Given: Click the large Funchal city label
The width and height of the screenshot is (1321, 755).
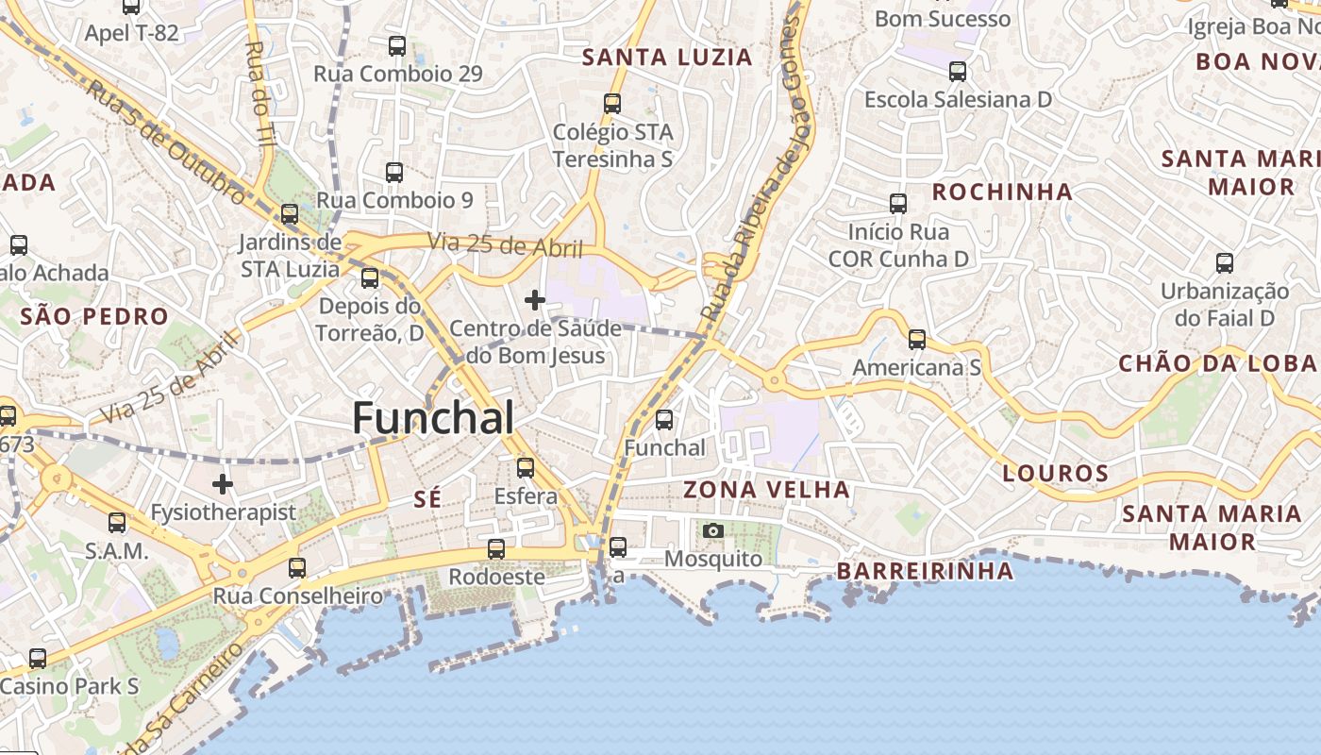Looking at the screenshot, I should (x=433, y=418).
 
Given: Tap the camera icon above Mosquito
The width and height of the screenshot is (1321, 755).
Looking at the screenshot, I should (x=713, y=530).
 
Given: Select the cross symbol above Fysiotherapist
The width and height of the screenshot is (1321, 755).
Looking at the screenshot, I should (x=223, y=485).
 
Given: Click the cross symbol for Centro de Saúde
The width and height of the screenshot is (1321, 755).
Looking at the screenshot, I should (x=535, y=301).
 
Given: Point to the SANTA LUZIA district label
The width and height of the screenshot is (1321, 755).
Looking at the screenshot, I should (x=667, y=58).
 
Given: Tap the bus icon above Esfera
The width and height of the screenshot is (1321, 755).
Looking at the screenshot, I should (x=526, y=467).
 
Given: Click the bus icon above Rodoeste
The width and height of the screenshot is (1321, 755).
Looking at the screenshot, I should (x=496, y=548).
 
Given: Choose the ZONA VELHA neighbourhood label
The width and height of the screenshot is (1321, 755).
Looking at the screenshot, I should (x=766, y=490).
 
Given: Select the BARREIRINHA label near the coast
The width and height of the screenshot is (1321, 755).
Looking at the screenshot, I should (x=925, y=571).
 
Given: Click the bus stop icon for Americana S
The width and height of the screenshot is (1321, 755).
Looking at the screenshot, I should (x=917, y=340).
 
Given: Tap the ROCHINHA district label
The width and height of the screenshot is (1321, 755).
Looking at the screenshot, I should (x=1002, y=193).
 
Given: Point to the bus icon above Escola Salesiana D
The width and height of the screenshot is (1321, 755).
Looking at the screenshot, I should (x=958, y=72).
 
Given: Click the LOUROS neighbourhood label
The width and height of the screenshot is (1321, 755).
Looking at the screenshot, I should (x=1055, y=474).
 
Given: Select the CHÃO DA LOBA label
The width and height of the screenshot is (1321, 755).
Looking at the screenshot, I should (x=1217, y=363).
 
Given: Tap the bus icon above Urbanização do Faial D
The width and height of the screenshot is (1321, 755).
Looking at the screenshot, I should (x=1225, y=263).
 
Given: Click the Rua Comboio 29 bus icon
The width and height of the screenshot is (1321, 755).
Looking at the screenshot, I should (x=397, y=46).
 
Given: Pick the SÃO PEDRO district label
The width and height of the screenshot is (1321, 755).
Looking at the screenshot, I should (x=93, y=316).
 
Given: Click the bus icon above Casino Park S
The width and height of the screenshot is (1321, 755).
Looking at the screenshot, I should (x=38, y=658).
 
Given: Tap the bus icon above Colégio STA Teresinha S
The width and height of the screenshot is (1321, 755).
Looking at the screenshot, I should (x=612, y=104).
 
